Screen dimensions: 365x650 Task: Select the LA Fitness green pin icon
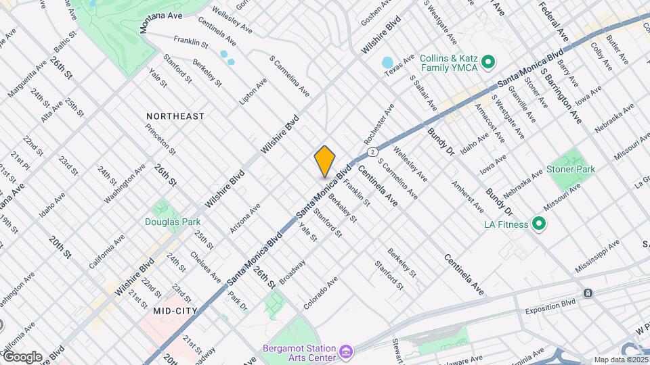click(x=539, y=224)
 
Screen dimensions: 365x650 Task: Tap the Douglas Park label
click(x=163, y=221)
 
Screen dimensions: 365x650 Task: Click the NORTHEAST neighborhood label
click(x=175, y=116)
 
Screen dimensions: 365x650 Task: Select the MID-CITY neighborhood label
click(x=175, y=311)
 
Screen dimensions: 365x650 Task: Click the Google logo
click(x=22, y=356)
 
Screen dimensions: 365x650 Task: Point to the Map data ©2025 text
click(x=620, y=360)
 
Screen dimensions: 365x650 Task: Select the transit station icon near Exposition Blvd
click(x=588, y=293)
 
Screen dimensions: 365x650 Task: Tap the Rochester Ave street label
click(x=378, y=123)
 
